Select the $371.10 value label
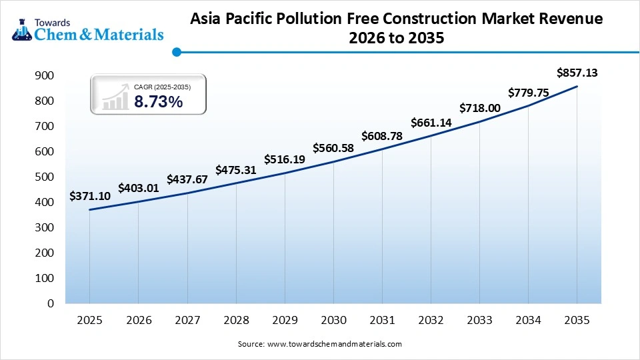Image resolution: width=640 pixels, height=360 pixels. (89, 196)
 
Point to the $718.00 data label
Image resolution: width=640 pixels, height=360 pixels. (479, 107)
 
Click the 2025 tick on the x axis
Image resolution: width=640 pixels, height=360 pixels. (89, 321)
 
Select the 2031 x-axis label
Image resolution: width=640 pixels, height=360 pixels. (382, 321)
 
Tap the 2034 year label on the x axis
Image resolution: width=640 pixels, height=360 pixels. (528, 321)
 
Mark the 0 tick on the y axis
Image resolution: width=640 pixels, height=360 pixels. (50, 303)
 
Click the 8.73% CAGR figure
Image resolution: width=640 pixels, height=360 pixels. (158, 101)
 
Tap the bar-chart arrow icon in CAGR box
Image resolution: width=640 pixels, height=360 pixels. (115, 96)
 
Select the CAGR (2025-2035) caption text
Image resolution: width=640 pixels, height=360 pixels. (162, 87)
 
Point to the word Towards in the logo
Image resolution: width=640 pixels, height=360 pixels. (56, 20)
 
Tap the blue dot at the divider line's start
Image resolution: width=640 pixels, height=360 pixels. (176, 51)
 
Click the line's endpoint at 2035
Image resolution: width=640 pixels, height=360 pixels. (577, 87)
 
